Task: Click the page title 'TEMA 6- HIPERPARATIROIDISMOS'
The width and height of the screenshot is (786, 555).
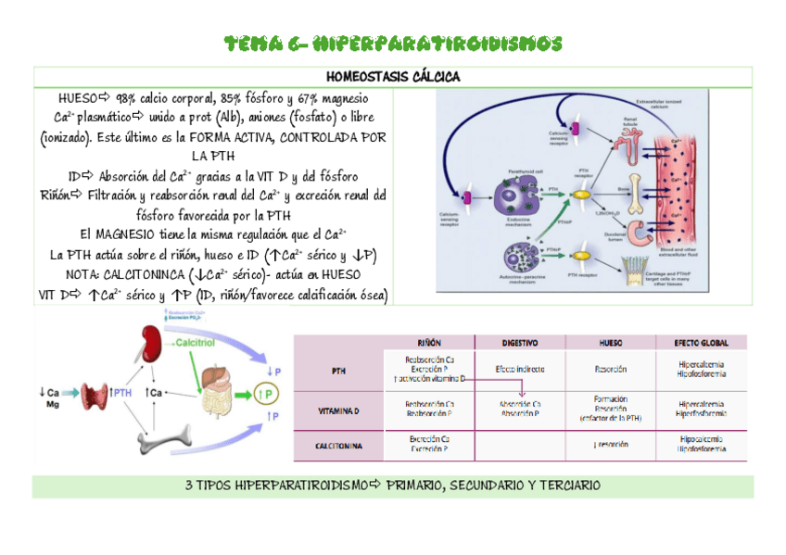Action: coord(394,44)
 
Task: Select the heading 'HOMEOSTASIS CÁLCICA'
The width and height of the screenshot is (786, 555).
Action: coord(393,76)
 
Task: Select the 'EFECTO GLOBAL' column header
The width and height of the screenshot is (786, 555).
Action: coord(702,341)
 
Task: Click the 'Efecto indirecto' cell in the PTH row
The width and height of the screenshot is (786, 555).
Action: coord(518,369)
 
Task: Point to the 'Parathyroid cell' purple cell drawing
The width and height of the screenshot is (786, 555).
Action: coord(513,196)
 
